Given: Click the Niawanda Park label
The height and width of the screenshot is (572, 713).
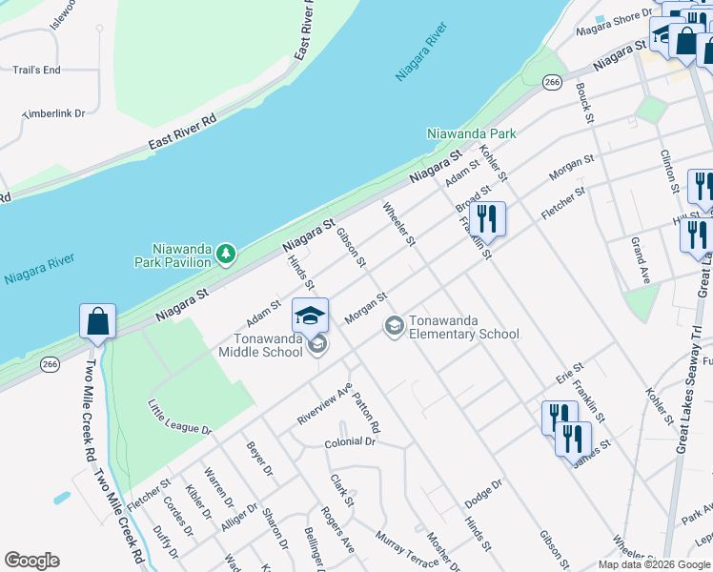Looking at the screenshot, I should [471, 133].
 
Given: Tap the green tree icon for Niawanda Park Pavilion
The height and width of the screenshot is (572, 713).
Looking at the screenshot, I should [226, 254].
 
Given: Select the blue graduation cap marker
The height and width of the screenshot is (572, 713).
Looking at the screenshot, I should [310, 316].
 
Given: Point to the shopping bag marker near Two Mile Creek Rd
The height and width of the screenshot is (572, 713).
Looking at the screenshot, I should [98, 322].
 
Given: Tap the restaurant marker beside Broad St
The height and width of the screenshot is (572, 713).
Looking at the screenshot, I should [487, 218].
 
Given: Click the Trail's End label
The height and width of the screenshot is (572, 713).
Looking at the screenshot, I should [36, 70].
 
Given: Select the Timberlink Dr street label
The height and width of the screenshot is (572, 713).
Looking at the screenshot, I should [53, 113].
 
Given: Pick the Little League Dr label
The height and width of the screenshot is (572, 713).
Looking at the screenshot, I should [179, 417].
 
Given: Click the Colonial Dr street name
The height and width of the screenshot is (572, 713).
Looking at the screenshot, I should [350, 442].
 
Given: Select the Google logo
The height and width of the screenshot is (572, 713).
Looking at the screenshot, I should [31, 561].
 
